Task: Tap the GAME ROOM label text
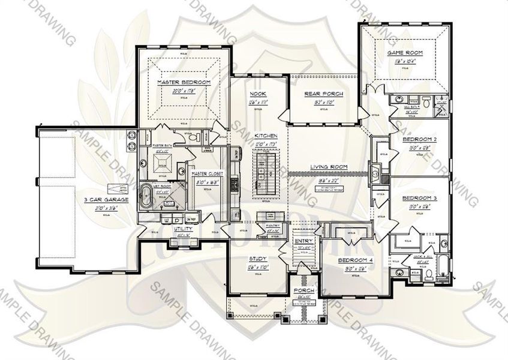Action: [405, 53]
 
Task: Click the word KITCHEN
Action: [264, 136]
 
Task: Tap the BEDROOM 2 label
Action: [419, 139]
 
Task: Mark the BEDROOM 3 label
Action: [419, 198]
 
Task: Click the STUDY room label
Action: [258, 259]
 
